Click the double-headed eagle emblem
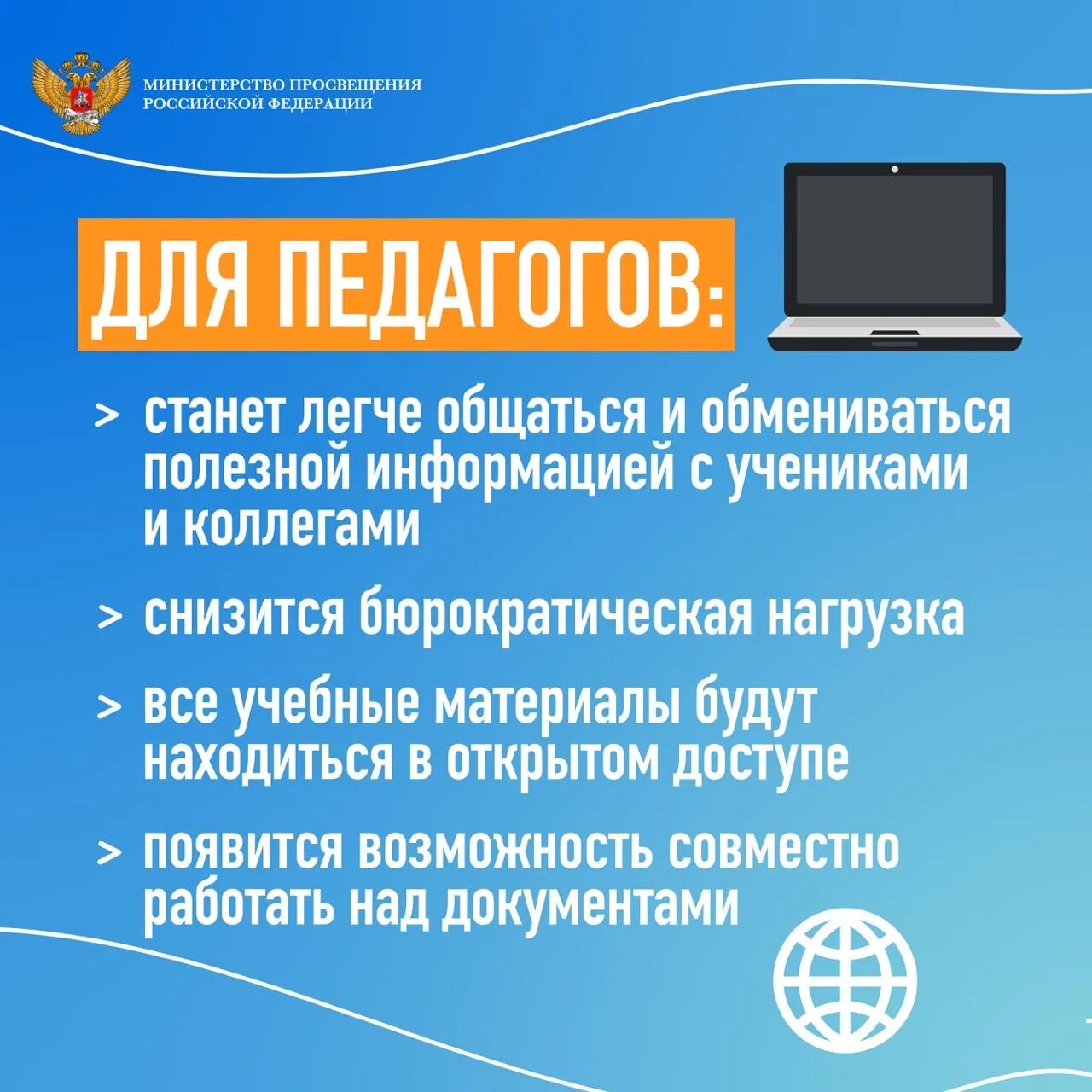[81, 92]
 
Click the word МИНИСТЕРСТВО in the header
[213, 85]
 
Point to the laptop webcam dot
[895, 169]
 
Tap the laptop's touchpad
[894, 332]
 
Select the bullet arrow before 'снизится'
[110, 616]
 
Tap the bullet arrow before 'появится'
[109, 851]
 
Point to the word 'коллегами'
[302, 526]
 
